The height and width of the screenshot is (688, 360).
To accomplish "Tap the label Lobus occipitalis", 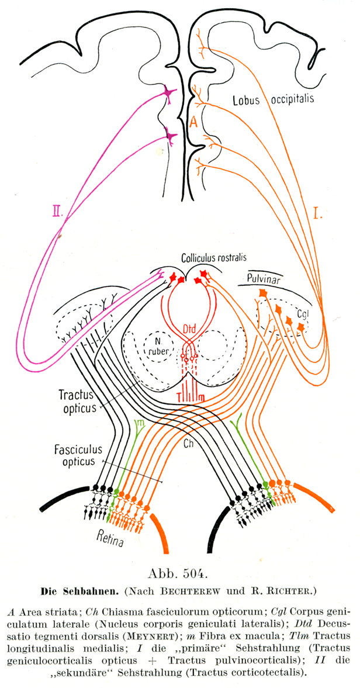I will coord(275,98).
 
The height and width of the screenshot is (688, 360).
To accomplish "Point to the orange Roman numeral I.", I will coord(319,213).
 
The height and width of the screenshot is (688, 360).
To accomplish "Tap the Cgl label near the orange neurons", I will coord(302,313).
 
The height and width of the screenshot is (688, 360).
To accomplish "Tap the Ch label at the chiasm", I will coord(189,443).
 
